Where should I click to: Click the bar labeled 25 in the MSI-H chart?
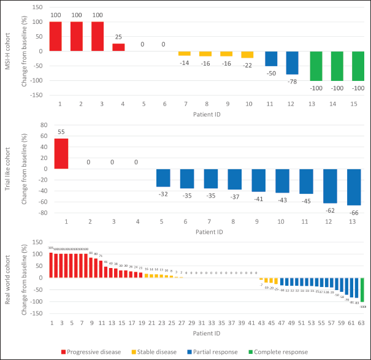tap(119, 47)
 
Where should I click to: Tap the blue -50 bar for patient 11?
tap(270, 58)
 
